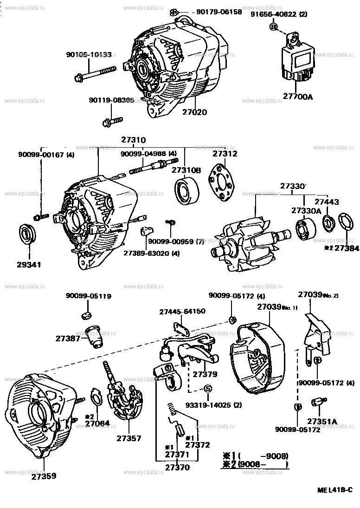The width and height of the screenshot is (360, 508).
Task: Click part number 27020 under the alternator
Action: (x=194, y=112)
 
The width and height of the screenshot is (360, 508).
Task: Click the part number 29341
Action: (x=30, y=265)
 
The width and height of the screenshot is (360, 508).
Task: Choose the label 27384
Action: (x=347, y=248)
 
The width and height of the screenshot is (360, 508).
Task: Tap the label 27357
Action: (x=129, y=438)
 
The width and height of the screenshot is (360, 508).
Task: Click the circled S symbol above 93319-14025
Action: (x=208, y=388)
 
